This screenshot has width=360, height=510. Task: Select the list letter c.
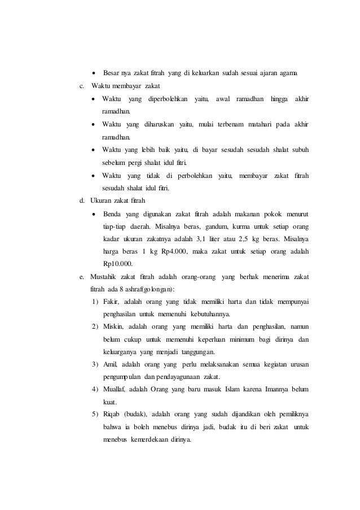tap(82, 86)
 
